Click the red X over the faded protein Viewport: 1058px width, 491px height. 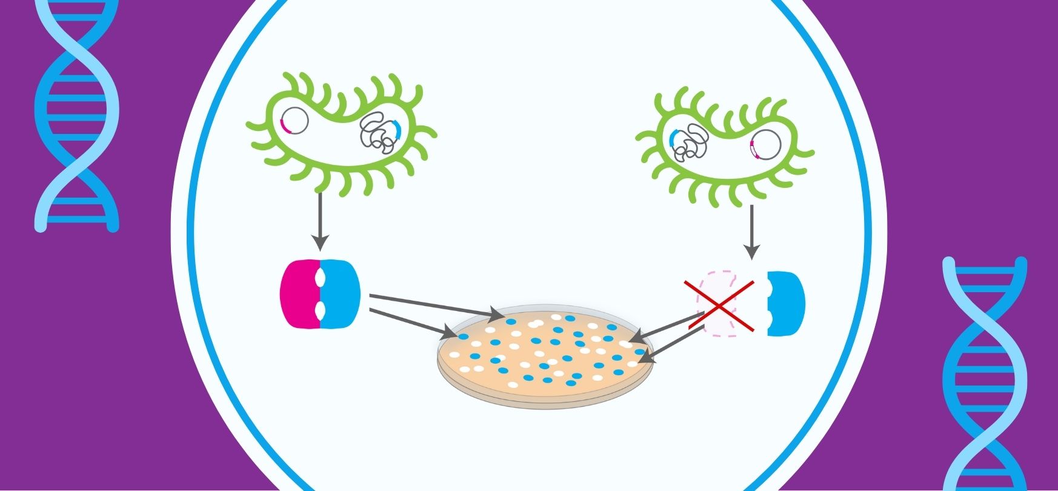tap(719, 306)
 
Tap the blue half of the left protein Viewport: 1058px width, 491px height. tap(341, 294)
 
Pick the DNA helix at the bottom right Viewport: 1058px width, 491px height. tap(985, 373)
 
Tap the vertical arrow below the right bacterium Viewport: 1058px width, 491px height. tap(751, 231)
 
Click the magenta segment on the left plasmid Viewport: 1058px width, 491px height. tap(284, 125)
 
